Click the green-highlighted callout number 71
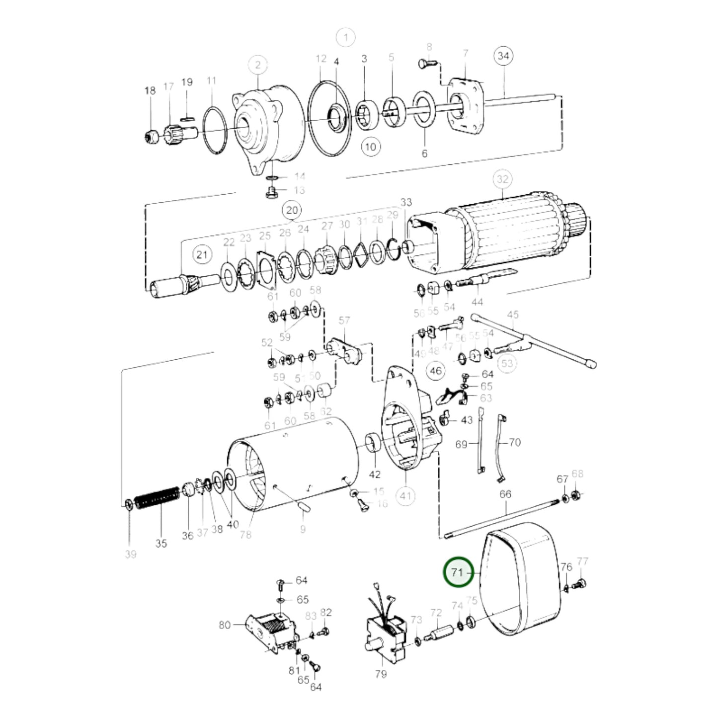(457, 572)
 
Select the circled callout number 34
(503, 56)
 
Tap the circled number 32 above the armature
(502, 179)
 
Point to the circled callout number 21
(201, 255)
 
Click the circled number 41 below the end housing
(406, 495)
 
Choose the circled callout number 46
(436, 371)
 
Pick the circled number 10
(370, 147)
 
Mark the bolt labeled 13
(271, 192)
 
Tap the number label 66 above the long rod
(505, 494)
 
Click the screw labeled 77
(579, 585)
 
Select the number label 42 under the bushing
(375, 475)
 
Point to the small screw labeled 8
(425, 64)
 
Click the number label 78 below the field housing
(245, 535)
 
